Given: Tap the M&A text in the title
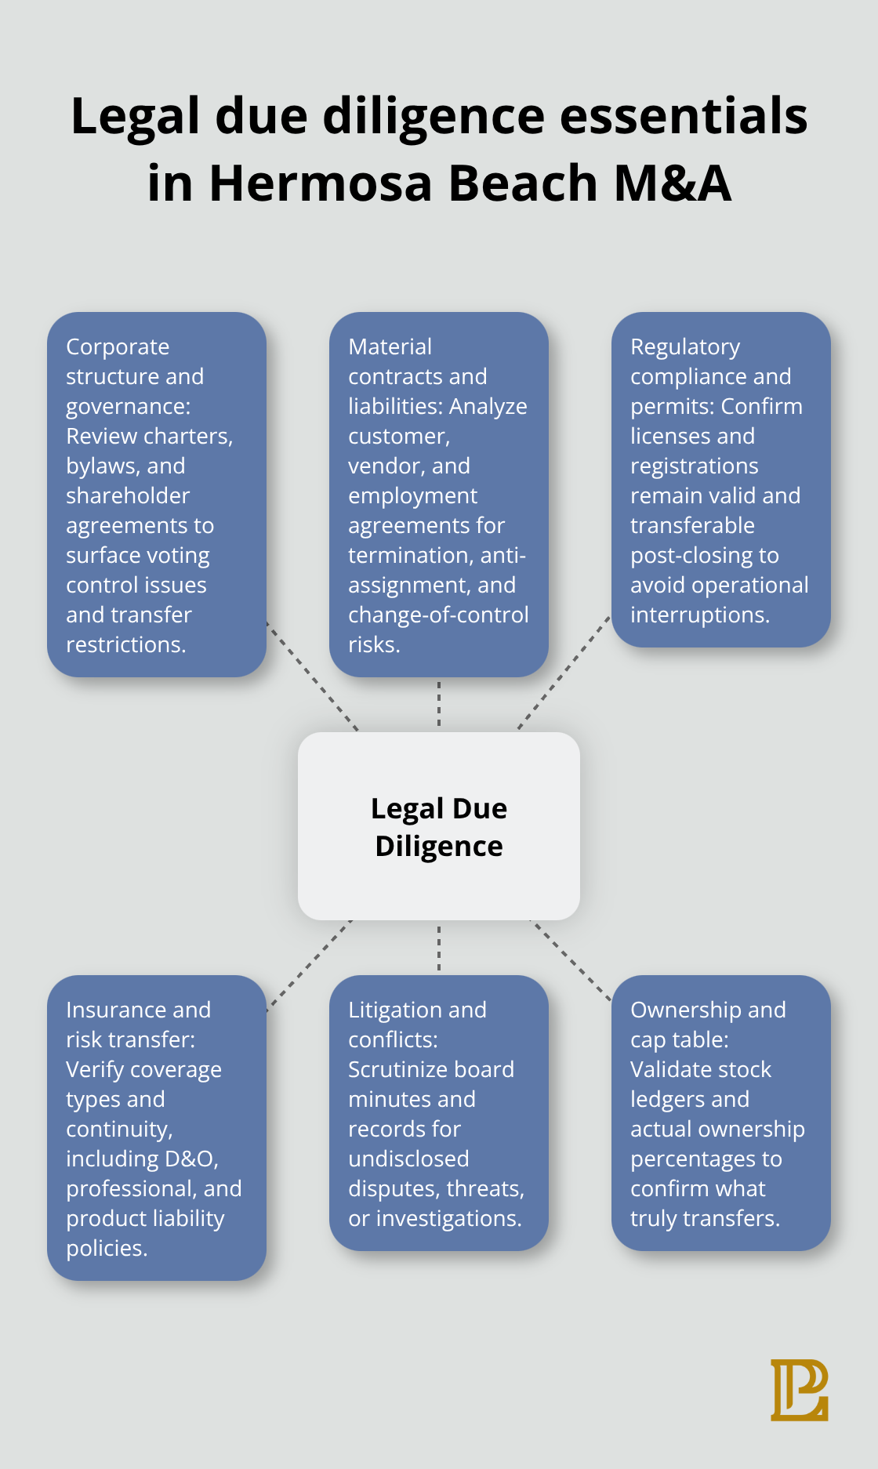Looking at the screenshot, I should coord(673,183).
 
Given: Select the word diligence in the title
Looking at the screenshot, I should coord(434,116).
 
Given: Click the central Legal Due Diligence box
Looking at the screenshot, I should coord(439,826).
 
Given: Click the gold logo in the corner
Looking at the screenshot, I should coord(799,1390).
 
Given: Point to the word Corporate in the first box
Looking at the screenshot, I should coord(118,346).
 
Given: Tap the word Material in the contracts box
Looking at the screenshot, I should coord(390,346).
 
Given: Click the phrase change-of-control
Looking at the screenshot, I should coord(438,615).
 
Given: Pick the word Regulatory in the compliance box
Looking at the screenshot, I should coord(685,346).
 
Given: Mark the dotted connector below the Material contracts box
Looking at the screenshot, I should coord(439,704).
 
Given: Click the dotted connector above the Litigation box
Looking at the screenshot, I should coord(439,948).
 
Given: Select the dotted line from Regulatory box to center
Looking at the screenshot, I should coord(563,673).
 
